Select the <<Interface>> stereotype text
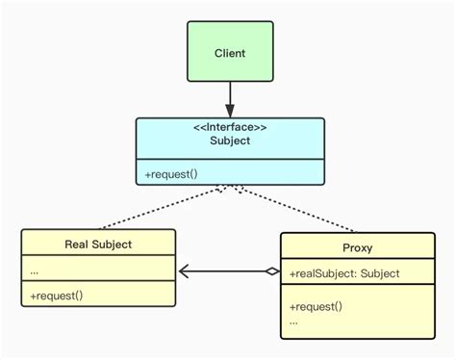pyautogui.click(x=229, y=125)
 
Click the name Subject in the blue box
pyautogui.click(x=229, y=140)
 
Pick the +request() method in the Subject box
pyautogui.click(x=172, y=173)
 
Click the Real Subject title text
pyautogui.click(x=98, y=244)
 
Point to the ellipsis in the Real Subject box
pyautogui.click(x=35, y=270)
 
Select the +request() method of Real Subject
pyautogui.click(x=56, y=296)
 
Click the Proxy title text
pyautogui.click(x=357, y=247)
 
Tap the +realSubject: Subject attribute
pyautogui.click(x=343, y=274)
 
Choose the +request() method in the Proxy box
pyautogui.click(x=316, y=305)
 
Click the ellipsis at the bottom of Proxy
pyautogui.click(x=293, y=321)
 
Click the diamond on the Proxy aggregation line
pyautogui.click(x=272, y=272)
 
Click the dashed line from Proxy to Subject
pyautogui.click(x=308, y=209)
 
